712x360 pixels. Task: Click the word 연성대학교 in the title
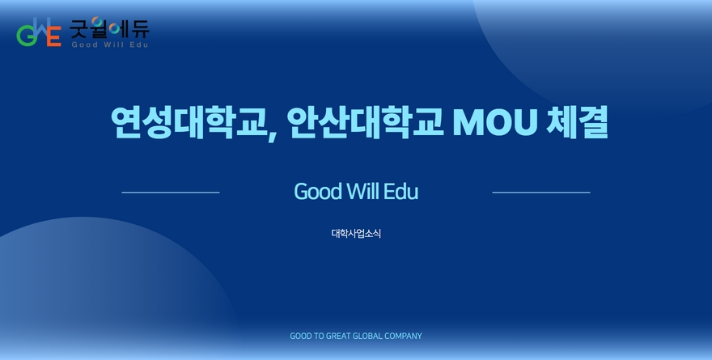click(x=188, y=122)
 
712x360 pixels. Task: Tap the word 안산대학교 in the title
click(x=365, y=122)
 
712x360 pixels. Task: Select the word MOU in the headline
click(x=495, y=122)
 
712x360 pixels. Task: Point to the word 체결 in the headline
click(x=577, y=122)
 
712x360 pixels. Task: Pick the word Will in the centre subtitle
click(x=362, y=191)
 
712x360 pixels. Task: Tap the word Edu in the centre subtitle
click(x=400, y=192)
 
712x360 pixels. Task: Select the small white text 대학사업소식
click(x=356, y=234)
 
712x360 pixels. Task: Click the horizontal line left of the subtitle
click(x=171, y=193)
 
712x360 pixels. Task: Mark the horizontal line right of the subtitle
click(x=541, y=193)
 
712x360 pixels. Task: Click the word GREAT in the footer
click(x=338, y=336)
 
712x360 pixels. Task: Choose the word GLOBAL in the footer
click(x=367, y=336)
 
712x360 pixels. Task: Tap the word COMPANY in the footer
click(x=403, y=336)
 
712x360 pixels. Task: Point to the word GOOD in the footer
click(x=301, y=336)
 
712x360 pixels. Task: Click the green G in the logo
click(x=26, y=36)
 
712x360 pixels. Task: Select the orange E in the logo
click(x=54, y=36)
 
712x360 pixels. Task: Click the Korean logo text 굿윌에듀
click(x=109, y=28)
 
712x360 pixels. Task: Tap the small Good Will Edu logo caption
click(x=110, y=44)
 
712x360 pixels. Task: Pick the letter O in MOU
click(x=495, y=122)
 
